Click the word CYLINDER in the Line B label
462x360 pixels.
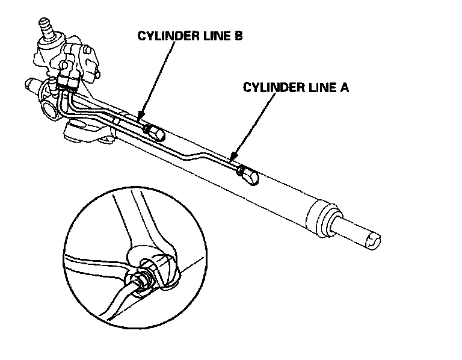click(x=165, y=36)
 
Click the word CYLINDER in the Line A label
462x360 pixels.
click(x=271, y=87)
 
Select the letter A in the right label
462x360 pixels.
click(x=345, y=87)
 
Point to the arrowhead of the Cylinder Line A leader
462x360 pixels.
click(x=232, y=158)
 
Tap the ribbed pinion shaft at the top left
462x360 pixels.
click(x=45, y=28)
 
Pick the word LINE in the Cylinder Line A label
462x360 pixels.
click(x=318, y=87)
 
